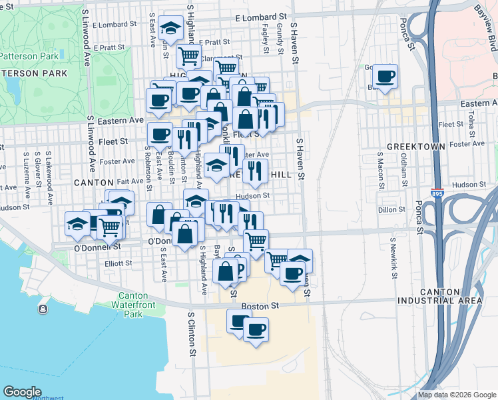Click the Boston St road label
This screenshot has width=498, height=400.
260,305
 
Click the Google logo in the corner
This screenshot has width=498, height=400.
22,391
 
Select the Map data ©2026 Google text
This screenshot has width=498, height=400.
457,395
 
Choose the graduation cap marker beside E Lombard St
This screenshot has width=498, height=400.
172,28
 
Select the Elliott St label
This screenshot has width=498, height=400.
119,263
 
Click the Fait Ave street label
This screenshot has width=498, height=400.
130,181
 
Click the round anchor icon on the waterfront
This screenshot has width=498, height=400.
43,309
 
